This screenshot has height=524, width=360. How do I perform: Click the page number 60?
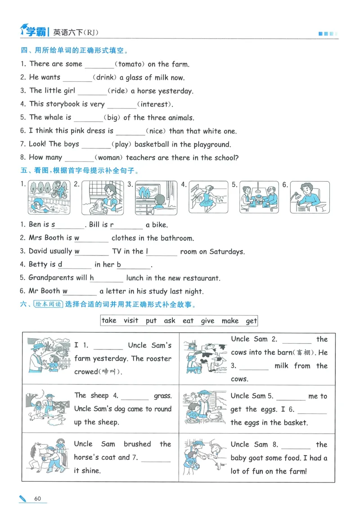38,498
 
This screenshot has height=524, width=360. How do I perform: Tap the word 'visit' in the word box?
131,321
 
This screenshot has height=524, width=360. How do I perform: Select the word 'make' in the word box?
230,321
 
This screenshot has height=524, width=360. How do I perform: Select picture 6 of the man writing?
310,197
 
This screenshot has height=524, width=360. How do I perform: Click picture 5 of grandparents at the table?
259,197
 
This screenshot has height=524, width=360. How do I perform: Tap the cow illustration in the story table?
205,358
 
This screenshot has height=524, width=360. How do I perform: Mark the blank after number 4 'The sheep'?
135,397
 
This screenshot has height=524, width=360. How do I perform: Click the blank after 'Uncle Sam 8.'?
296,445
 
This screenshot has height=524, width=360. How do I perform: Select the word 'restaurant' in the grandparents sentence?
198,278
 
